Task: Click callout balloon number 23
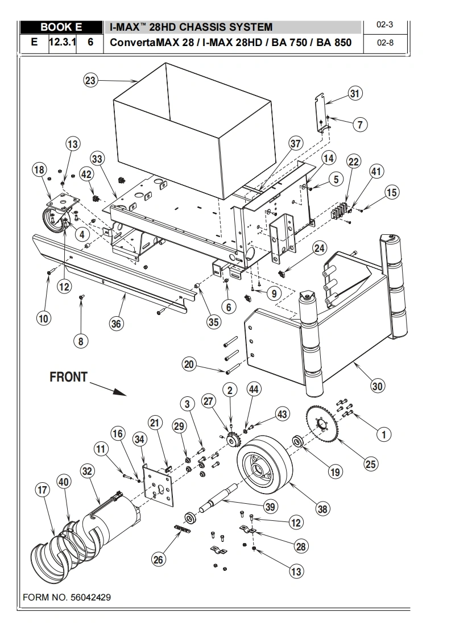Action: tap(91, 80)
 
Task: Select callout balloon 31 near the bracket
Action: tap(354, 94)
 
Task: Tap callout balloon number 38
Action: tap(322, 509)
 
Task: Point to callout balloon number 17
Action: tap(43, 490)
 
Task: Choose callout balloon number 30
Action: tap(376, 386)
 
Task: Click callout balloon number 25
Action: tap(370, 463)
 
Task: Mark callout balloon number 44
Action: tap(254, 389)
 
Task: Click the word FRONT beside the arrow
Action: tap(69, 377)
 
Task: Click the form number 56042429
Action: tap(67, 598)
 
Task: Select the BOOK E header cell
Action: tap(61, 27)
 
